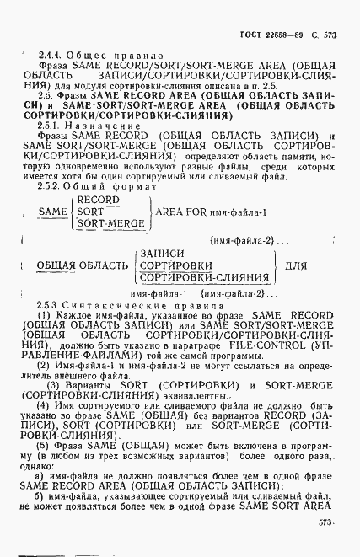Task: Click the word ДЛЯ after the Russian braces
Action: pos(297,265)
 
